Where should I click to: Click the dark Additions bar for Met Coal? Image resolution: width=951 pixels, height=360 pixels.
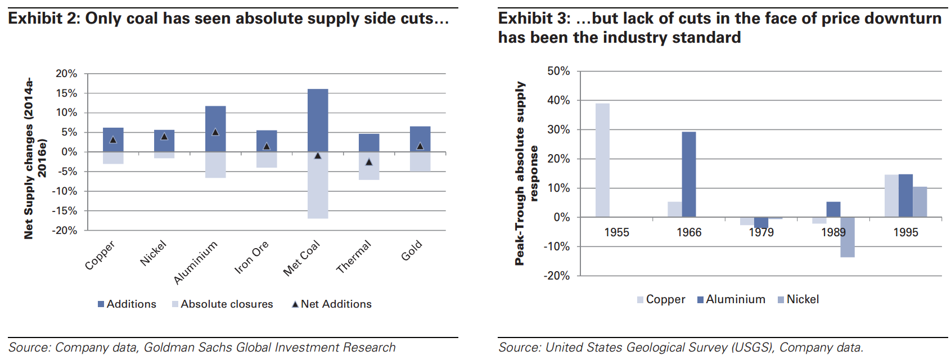pos(318,120)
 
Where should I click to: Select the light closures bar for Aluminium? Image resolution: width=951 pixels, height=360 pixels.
pos(215,165)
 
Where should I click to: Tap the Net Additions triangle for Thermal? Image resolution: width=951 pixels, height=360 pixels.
pos(369,162)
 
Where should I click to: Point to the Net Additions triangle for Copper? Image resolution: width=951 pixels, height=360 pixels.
pos(113,139)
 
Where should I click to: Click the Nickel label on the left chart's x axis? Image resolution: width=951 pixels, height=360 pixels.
pos(154,253)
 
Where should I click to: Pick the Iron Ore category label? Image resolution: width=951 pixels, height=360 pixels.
pos(251,257)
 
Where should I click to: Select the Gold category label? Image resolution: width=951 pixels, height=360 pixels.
pos(412,251)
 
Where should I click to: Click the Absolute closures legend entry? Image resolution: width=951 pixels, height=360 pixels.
pos(226,304)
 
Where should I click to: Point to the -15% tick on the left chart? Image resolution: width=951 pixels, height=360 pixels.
pos(65,211)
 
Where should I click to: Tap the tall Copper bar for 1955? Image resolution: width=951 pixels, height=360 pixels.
pos(602,160)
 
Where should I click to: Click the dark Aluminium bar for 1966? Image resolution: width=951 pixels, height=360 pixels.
pos(689,174)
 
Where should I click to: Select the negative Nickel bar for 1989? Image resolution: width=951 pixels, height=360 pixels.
pos(848,237)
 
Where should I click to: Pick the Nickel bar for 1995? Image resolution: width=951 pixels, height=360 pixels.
pos(920,202)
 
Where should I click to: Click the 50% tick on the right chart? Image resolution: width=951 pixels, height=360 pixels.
pos(558,71)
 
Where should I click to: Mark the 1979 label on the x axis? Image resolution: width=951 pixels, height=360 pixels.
pos(761,232)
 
